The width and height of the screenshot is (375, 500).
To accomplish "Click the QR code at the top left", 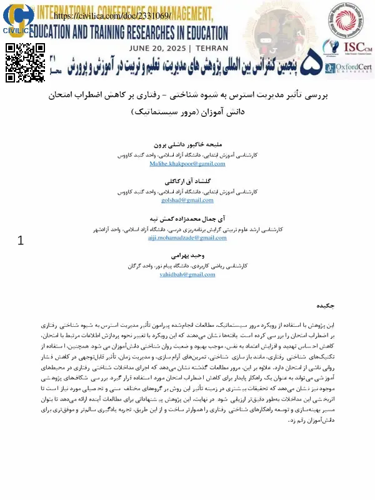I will (x=26, y=62).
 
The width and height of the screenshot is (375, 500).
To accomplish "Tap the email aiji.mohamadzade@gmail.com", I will (x=187, y=239).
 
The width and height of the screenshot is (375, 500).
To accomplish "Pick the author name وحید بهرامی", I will (x=187, y=256).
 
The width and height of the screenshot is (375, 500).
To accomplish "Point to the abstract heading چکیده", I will (x=341, y=306).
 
